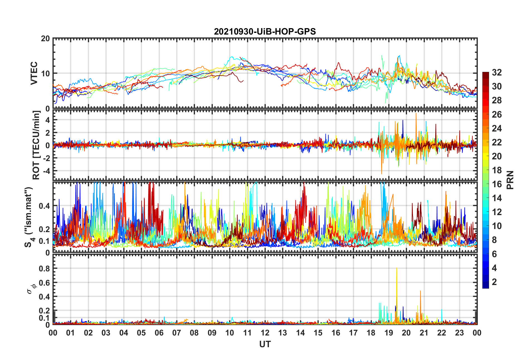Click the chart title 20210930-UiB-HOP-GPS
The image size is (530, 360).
coord(265,31)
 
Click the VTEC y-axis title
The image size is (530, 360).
coord(34,73)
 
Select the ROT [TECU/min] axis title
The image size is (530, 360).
coord(36,145)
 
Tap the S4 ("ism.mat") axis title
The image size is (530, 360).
coord(29,217)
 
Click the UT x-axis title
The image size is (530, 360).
coord(265,344)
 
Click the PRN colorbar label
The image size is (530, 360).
coord(510,180)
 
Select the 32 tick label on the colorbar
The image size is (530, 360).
coord(497,72)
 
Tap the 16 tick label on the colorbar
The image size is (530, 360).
coord(497,184)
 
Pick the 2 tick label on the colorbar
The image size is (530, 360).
coord(494,282)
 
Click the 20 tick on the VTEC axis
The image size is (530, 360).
coord(45,39)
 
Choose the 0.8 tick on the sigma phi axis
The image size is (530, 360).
coord(44,269)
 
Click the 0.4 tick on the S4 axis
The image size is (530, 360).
coord(44,206)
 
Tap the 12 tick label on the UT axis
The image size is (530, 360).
coord(265,333)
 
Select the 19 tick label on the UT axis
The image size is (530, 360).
coord(389,333)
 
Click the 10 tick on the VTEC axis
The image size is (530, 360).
coord(45,74)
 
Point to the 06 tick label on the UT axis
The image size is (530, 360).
coord(159,333)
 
